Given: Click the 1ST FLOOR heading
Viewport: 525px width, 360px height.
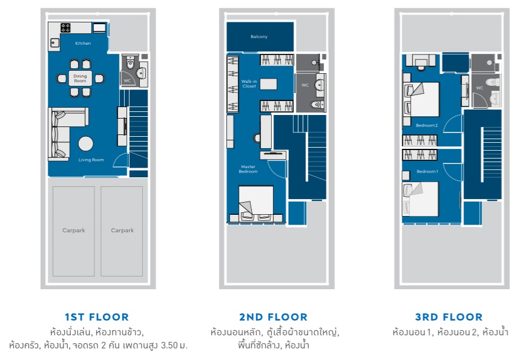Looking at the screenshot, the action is (x=97, y=317).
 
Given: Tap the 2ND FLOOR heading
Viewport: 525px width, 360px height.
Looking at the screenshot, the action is (x=273, y=317).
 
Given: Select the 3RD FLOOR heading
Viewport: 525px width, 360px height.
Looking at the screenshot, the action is (x=449, y=317).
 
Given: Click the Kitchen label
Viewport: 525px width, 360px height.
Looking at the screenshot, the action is (x=83, y=43).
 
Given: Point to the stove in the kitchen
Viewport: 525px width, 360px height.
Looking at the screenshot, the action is (x=65, y=28).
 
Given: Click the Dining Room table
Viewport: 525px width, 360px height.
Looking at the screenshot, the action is (x=81, y=78).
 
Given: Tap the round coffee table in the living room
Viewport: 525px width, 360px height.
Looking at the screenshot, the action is (x=86, y=144).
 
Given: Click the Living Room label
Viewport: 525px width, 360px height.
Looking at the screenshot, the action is (x=91, y=160).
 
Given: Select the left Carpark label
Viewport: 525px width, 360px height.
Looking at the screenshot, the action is (x=74, y=230).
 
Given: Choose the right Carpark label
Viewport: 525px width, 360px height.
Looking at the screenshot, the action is (x=122, y=230).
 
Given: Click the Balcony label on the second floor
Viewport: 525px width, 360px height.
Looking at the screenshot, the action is (x=259, y=36).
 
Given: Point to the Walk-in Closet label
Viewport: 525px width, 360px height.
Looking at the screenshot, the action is (x=249, y=83).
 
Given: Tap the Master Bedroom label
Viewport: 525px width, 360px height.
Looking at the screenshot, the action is (x=248, y=169).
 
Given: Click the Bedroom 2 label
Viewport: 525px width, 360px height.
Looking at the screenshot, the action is (x=426, y=125).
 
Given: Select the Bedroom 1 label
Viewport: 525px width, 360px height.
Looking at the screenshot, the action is (x=428, y=172).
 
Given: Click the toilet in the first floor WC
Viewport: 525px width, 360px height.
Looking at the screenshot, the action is (x=130, y=62).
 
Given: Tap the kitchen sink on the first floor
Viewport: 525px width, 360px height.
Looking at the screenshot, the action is (x=54, y=43).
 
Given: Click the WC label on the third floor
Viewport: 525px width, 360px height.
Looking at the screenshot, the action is (x=480, y=88).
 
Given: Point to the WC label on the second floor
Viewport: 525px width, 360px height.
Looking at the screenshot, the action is (x=305, y=85).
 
